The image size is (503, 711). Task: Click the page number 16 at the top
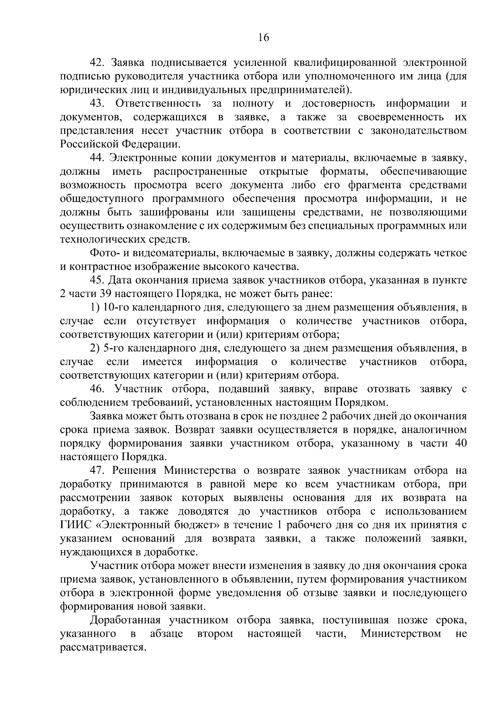(263, 38)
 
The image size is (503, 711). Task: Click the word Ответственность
(158, 103)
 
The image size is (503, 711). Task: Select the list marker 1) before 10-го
(95, 308)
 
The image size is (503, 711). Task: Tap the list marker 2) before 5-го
(95, 349)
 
